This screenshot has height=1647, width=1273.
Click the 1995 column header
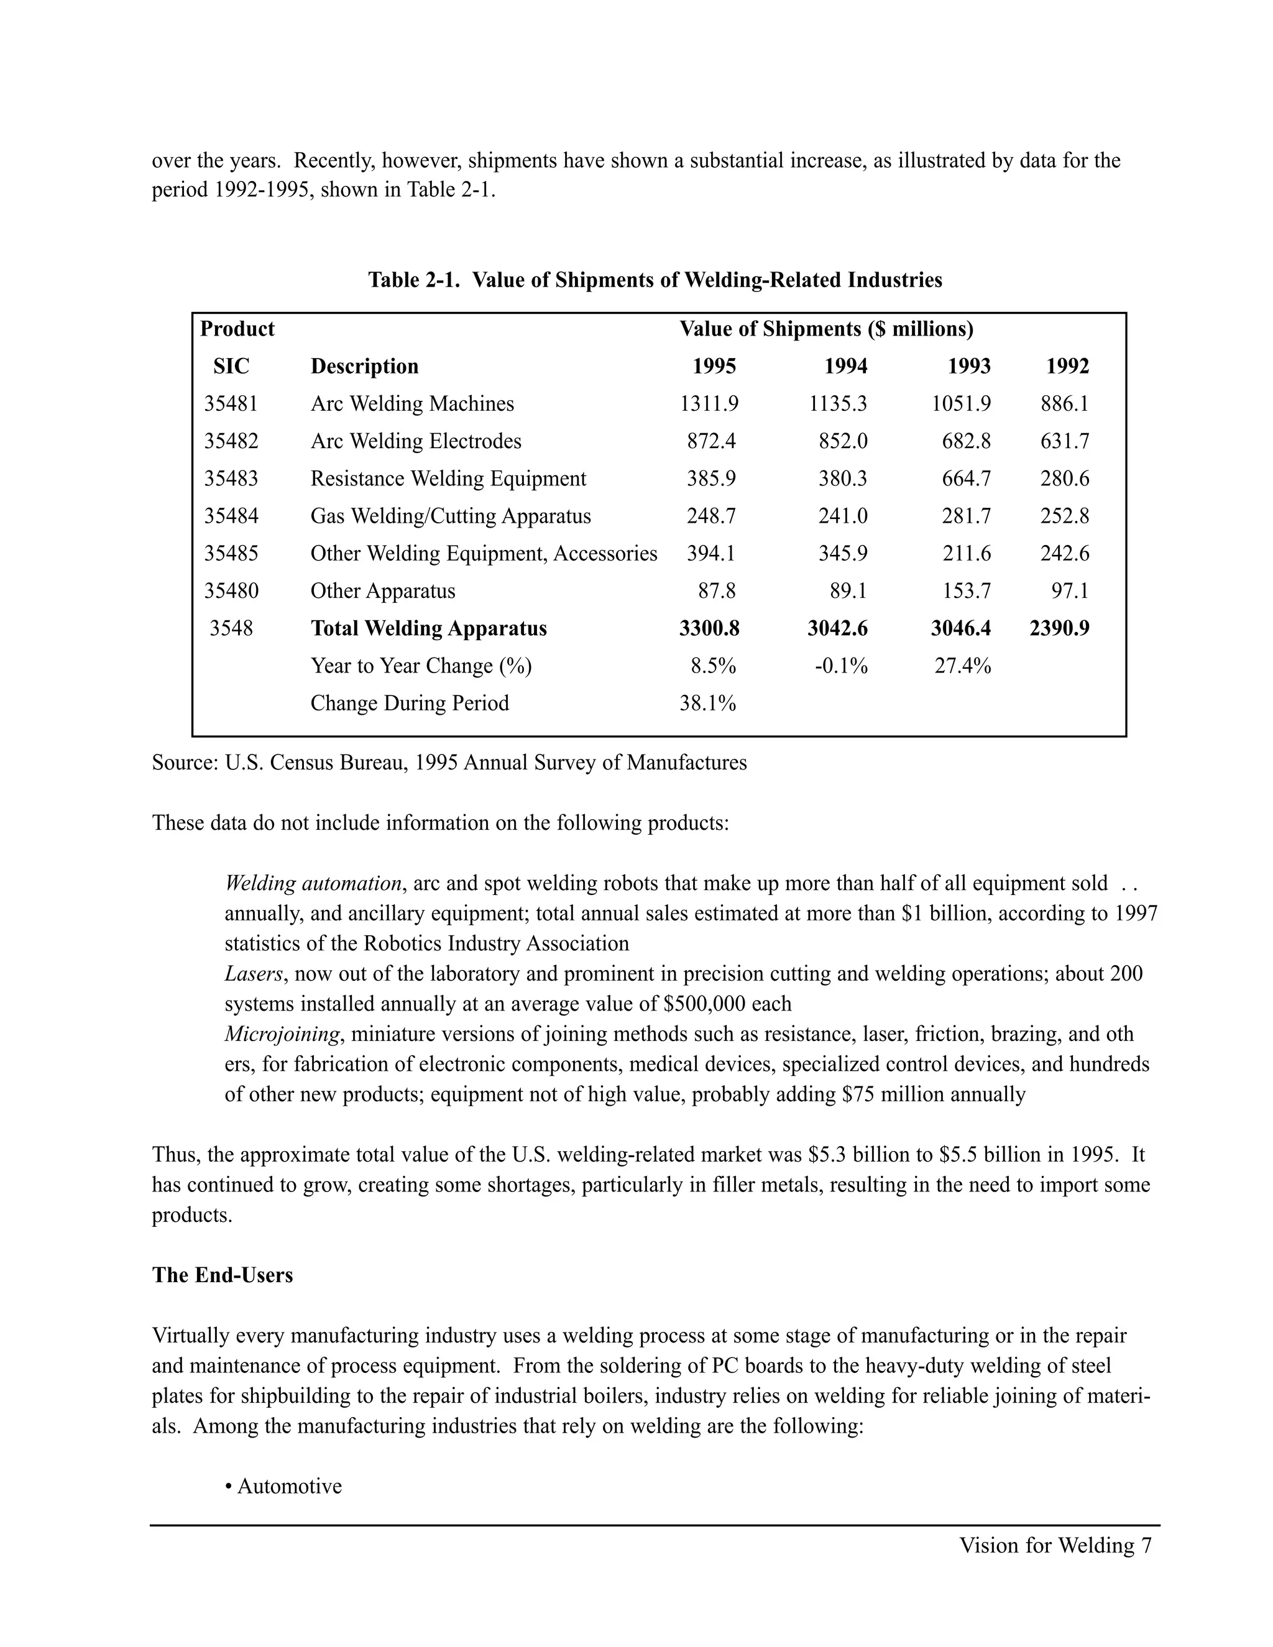pos(714,367)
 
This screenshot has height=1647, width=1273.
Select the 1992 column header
pos(1067,367)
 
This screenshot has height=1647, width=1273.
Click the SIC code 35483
pos(231,479)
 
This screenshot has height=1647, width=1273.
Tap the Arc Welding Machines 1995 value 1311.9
pos(709,404)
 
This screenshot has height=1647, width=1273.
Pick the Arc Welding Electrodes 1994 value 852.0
pos(842,441)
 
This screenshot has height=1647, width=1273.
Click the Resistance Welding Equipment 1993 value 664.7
pos(966,479)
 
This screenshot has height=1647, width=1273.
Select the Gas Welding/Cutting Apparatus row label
pos(450,516)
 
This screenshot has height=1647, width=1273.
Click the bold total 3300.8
pos(709,629)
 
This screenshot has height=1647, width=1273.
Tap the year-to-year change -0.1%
pos(841,666)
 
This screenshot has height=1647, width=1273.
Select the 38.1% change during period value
pos(707,704)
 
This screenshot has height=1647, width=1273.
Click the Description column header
pos(364,367)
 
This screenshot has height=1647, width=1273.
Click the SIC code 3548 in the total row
pos(231,629)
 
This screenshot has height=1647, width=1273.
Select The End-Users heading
pos(223,1275)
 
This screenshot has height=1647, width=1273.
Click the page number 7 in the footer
pos(1146,1546)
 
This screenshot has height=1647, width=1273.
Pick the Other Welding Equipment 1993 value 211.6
pos(966,554)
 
